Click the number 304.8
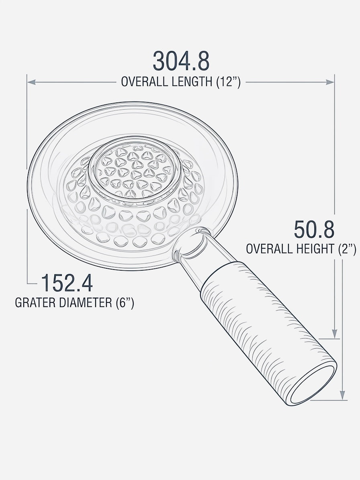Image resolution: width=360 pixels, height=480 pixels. (181, 61)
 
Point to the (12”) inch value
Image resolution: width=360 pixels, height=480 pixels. (228, 82)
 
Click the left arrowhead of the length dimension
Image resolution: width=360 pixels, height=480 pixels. (31, 82)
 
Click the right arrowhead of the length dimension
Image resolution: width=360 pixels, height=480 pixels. (330, 82)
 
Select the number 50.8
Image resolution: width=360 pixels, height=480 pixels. (314, 230)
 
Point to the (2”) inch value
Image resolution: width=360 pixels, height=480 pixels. (347, 249)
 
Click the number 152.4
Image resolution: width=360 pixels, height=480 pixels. (67, 283)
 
